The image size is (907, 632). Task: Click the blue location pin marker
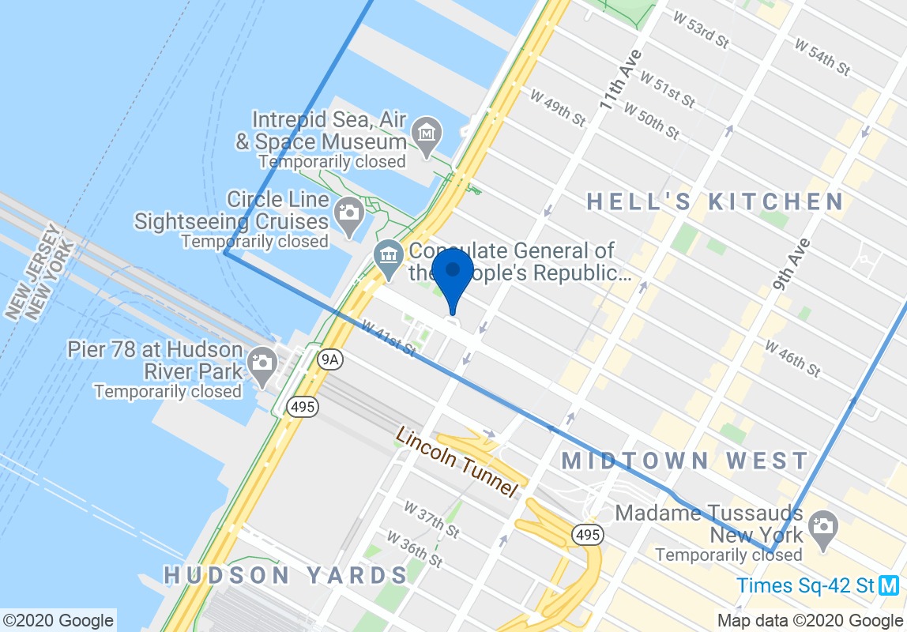point(453,273)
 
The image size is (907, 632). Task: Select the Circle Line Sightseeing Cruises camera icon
point(348,213)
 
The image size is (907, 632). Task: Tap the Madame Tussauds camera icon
point(823,525)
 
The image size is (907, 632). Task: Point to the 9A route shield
point(330,360)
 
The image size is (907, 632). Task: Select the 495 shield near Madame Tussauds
point(589,535)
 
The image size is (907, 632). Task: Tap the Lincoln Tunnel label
point(457,461)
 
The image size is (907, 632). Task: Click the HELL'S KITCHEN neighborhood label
point(716,201)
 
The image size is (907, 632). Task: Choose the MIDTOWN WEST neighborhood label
point(685,461)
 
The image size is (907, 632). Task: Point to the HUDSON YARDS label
point(286,574)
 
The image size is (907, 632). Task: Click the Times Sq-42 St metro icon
point(890,585)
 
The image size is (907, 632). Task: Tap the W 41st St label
point(389,337)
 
